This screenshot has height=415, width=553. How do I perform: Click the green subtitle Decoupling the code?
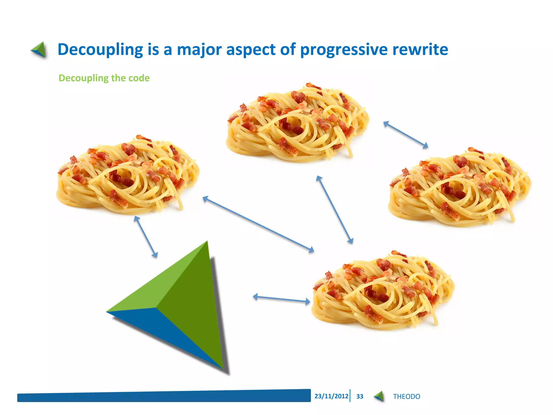coord(104,78)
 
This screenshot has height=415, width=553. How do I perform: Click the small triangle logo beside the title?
coord(39,50)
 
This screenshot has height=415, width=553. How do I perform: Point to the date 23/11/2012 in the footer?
coord(331,396)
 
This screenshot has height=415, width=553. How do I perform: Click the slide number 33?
coord(360,396)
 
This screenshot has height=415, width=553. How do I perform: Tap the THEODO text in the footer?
coord(406,396)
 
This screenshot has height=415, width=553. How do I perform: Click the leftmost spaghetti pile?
coord(127,176)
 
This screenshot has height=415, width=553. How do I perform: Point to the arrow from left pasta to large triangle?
coord(146,237)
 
